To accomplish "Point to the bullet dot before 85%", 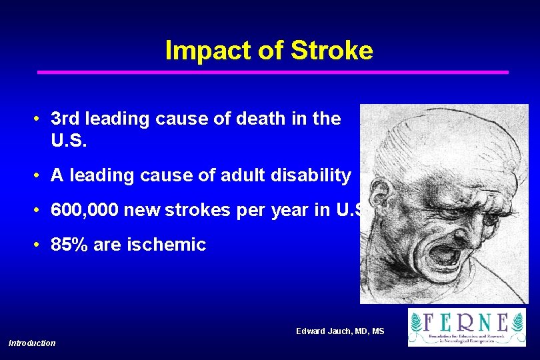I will point(40,245).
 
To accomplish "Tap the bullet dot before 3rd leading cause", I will point(40,119).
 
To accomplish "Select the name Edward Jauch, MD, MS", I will point(340,331).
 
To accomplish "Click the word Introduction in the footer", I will point(32,343).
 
